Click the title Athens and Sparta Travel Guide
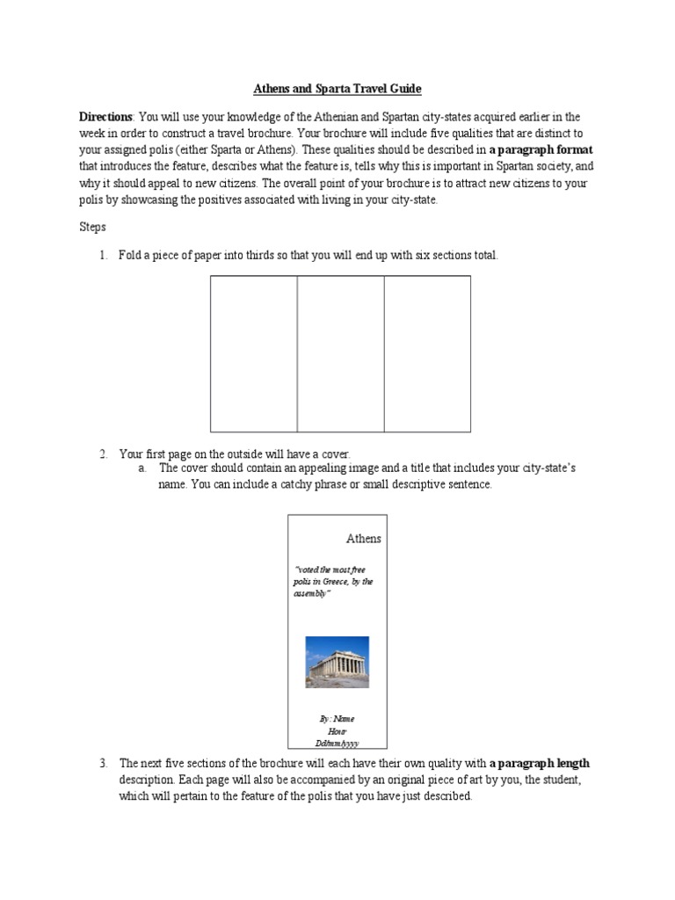click(337, 89)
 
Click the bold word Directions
click(105, 117)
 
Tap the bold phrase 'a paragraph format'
click(541, 149)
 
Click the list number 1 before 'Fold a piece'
click(103, 256)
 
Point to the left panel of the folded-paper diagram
click(253, 353)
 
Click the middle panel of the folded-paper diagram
click(340, 353)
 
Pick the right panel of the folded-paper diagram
click(427, 353)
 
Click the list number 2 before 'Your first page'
click(103, 454)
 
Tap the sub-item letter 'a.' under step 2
click(142, 468)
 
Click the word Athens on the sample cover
click(363, 538)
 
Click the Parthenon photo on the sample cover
click(337, 662)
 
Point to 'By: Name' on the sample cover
click(337, 718)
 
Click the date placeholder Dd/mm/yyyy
click(337, 743)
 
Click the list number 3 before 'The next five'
click(103, 763)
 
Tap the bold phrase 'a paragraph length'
click(540, 763)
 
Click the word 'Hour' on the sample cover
click(337, 730)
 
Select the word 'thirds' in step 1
click(261, 256)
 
